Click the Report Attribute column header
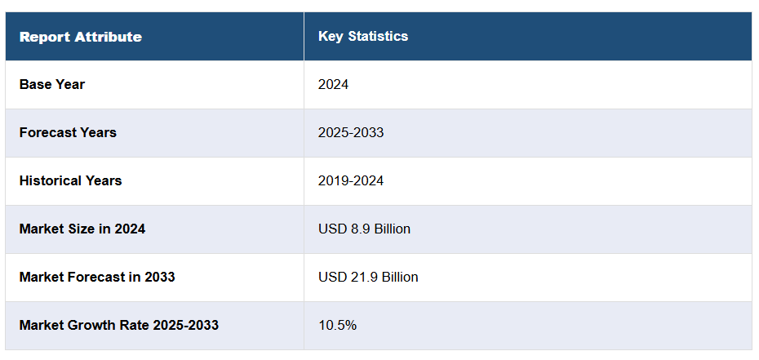point(80,37)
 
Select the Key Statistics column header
point(362,37)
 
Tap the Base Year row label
point(52,85)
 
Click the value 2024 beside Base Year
point(333,85)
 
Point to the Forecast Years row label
point(68,133)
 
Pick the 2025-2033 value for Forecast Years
point(351,133)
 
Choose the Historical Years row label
point(70,181)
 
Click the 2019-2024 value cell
point(351,181)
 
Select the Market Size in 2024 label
point(82,229)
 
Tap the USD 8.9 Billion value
point(364,229)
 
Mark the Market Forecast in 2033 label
point(97,278)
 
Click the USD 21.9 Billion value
point(368,278)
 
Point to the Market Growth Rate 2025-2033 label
point(118,326)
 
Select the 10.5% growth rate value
point(337,326)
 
